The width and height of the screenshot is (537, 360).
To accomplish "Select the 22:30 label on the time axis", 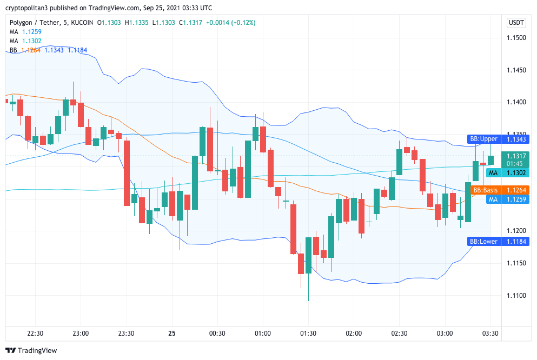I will point(35,334).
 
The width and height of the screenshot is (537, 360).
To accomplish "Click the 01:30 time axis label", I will point(308,334).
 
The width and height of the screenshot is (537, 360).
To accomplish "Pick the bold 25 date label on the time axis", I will point(172,334).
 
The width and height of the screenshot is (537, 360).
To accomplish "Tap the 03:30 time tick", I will point(490,334).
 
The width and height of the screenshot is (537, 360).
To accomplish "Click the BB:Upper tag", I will point(483,139).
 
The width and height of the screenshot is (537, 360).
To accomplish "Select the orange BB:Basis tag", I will point(484,190).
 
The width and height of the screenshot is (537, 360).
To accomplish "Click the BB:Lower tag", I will point(483,242).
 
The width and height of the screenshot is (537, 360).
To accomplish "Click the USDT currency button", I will point(516,23).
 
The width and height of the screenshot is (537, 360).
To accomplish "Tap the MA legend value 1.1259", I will point(32,32).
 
